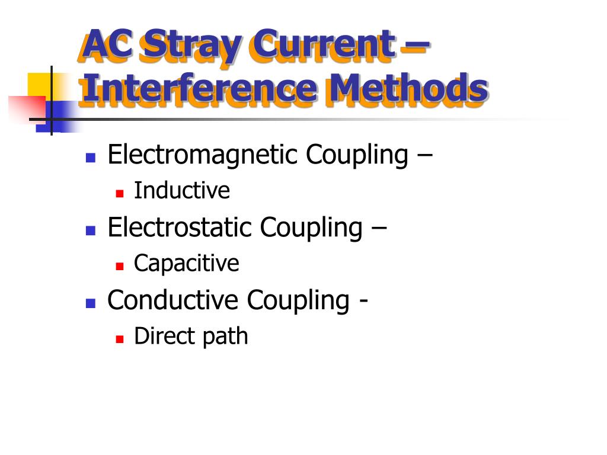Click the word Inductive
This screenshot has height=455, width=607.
point(181,191)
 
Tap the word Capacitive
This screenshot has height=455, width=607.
point(186,263)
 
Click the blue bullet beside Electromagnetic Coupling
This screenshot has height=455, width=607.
point(91,158)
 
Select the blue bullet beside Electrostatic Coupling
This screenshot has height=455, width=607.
point(91,230)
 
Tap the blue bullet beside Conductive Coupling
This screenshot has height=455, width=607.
point(91,303)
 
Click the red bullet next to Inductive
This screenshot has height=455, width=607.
point(119,193)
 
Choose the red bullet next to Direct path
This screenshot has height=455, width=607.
point(119,339)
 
